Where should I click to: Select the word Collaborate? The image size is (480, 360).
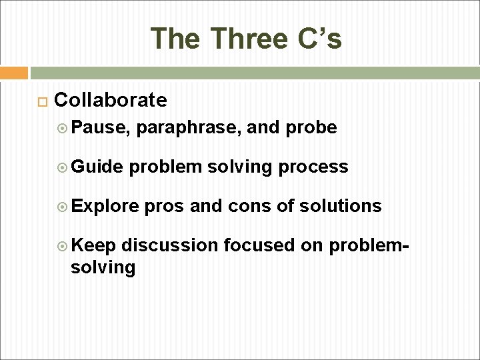(x=111, y=100)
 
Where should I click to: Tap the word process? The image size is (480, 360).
(x=313, y=167)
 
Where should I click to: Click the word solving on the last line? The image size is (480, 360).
(x=103, y=267)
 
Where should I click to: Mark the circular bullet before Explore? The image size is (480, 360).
(x=75, y=207)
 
